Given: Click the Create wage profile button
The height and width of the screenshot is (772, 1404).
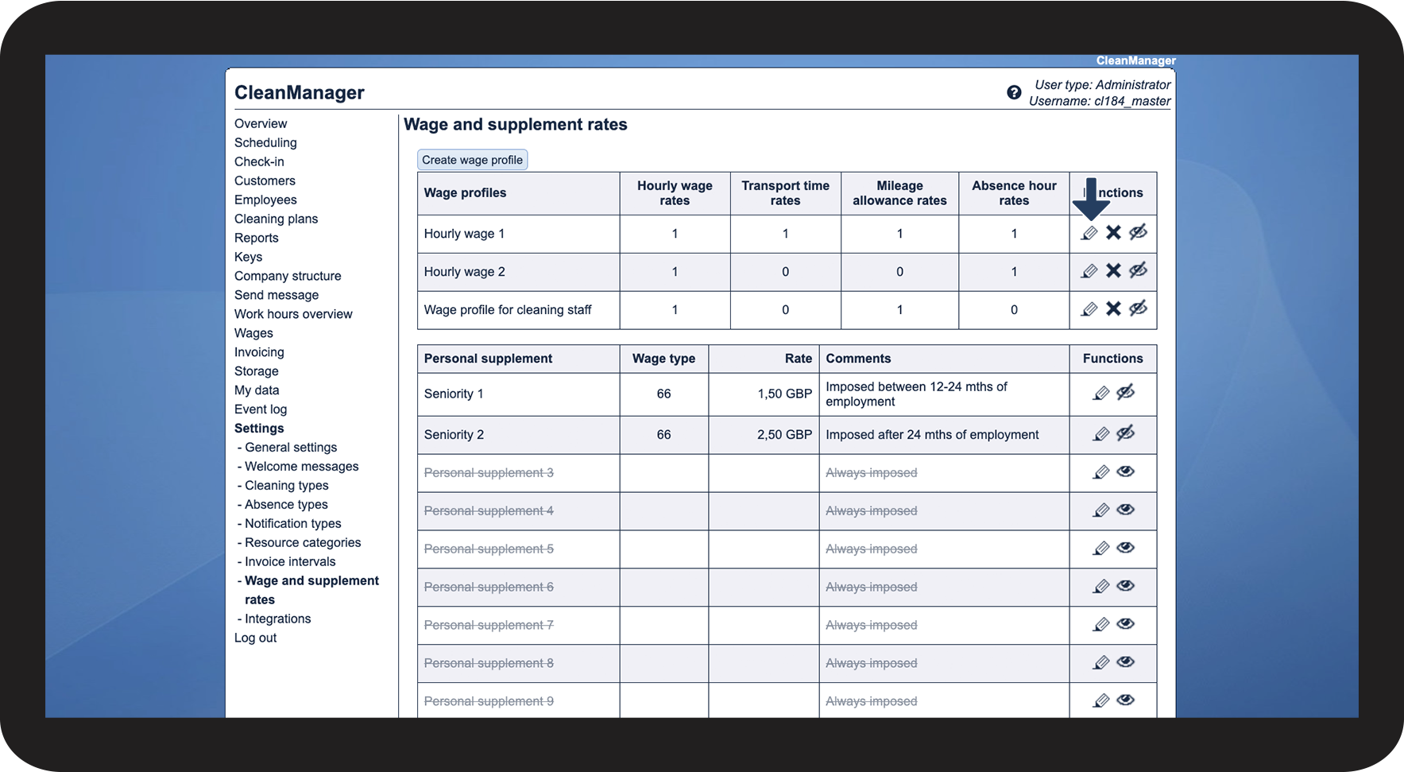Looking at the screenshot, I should pos(472,160).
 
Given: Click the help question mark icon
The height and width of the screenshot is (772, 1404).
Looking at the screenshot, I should pos(1014,92).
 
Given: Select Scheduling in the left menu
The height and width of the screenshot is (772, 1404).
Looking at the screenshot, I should pos(265,142).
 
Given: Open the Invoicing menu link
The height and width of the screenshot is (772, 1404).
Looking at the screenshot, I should pos(259,352).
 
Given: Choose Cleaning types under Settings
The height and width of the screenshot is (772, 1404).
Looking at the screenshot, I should pos(286,486).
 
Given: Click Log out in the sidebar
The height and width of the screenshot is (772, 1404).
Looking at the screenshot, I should pos(255,638).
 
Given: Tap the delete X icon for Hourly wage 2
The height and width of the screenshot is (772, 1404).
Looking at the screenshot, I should pos(1113,271).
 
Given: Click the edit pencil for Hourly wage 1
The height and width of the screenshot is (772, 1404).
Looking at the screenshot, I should pos(1089,233).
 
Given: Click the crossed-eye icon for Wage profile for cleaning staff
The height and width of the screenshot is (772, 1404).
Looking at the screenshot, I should pos(1138,308).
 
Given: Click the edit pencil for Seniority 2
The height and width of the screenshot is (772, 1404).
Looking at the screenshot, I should pos(1100,434).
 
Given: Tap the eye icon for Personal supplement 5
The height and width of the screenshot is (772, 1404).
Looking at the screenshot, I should pos(1125,548).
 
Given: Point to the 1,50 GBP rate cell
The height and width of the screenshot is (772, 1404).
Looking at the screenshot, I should pos(784,394).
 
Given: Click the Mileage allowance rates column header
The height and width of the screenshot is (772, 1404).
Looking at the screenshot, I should pos(899,193).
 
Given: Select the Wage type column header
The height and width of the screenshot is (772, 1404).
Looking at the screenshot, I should pos(663,359).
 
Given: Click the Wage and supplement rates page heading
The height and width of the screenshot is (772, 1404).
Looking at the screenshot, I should pos(515,125).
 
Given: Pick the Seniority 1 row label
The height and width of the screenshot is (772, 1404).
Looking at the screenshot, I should pos(454,394).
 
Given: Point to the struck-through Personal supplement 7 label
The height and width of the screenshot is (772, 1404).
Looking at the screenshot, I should pos(489,625).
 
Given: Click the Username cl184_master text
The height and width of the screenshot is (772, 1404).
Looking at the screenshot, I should pos(1100,101).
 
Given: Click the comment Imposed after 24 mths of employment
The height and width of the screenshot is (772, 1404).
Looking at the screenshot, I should pos(932,435).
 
